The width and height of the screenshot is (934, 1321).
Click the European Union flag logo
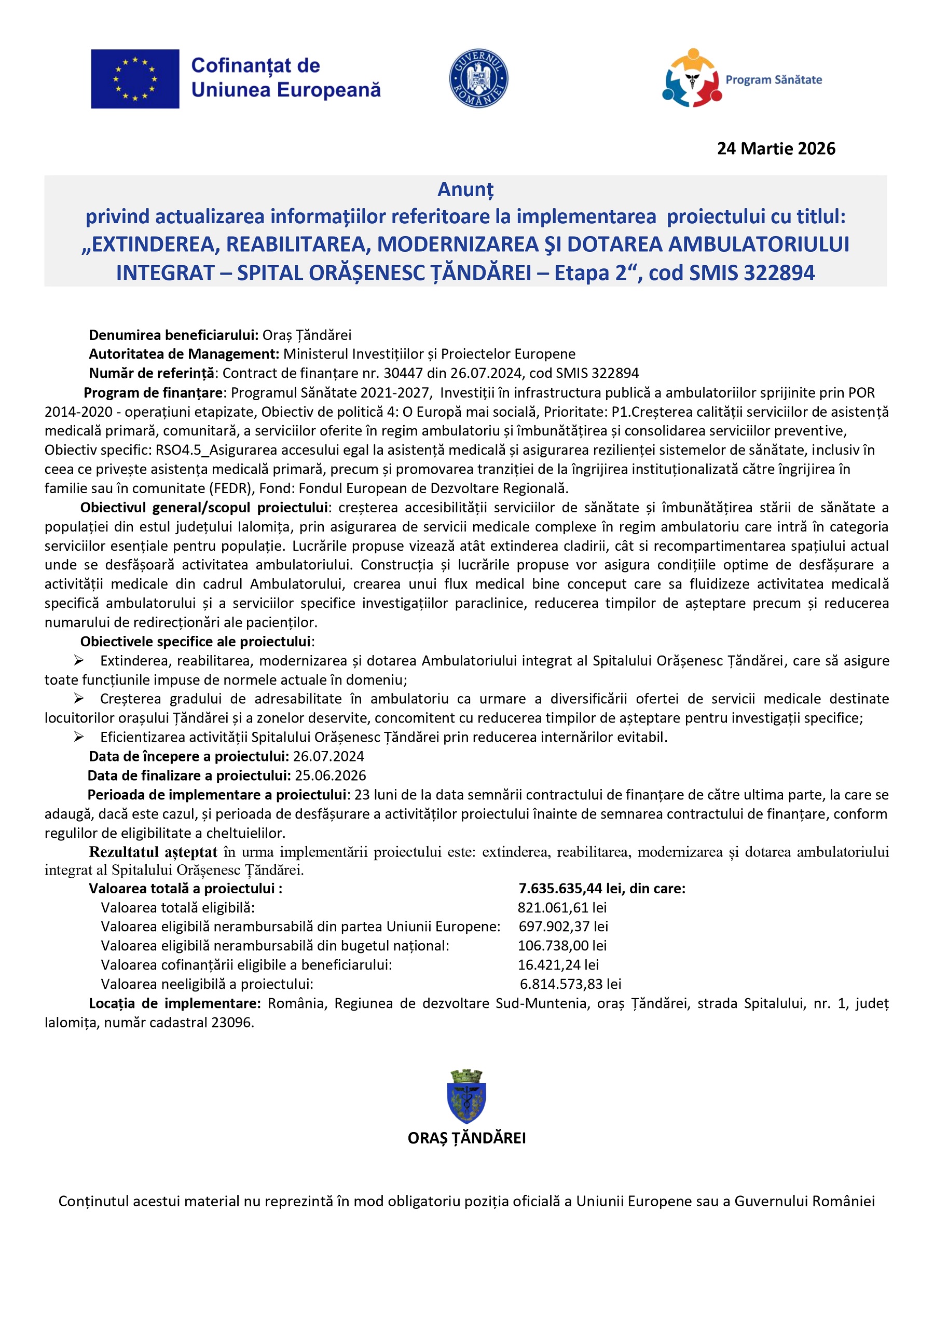coord(134,79)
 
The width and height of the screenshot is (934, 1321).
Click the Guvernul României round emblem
coord(478,78)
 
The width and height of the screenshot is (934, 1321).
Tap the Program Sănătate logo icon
coord(691,78)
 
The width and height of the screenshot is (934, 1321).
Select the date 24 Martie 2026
coord(775,149)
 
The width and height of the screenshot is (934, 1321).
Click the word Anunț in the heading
coord(465,189)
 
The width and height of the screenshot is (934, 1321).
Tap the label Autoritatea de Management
coord(184,354)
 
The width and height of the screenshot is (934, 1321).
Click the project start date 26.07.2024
coord(328,757)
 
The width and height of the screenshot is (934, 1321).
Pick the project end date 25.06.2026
coord(330,775)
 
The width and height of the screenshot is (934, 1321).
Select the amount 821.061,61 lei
coord(562,908)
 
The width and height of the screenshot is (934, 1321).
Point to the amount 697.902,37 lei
coord(563,927)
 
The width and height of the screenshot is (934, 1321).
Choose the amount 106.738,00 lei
coord(562,946)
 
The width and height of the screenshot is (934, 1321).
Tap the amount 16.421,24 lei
coord(558,965)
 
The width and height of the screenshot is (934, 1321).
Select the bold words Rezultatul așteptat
coord(153,852)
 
